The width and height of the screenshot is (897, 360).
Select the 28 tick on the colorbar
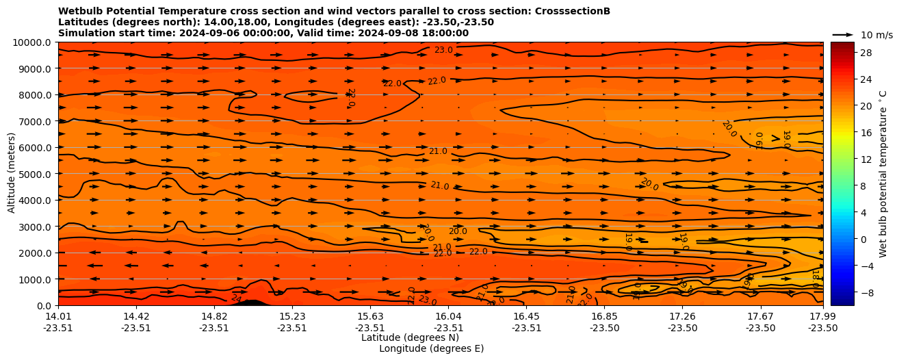tap(866, 53)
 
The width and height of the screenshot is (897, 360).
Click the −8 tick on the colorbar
tap(866, 292)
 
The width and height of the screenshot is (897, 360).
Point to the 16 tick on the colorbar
tap(866, 133)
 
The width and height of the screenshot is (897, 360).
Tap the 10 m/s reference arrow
tap(843, 35)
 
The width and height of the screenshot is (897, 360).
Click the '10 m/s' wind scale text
tap(876, 35)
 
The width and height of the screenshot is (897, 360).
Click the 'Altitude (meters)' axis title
tap(12, 173)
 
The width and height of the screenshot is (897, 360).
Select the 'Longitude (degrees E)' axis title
tap(431, 348)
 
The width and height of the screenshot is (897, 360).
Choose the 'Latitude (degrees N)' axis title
tap(410, 337)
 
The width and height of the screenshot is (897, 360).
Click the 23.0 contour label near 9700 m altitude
tap(443, 50)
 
